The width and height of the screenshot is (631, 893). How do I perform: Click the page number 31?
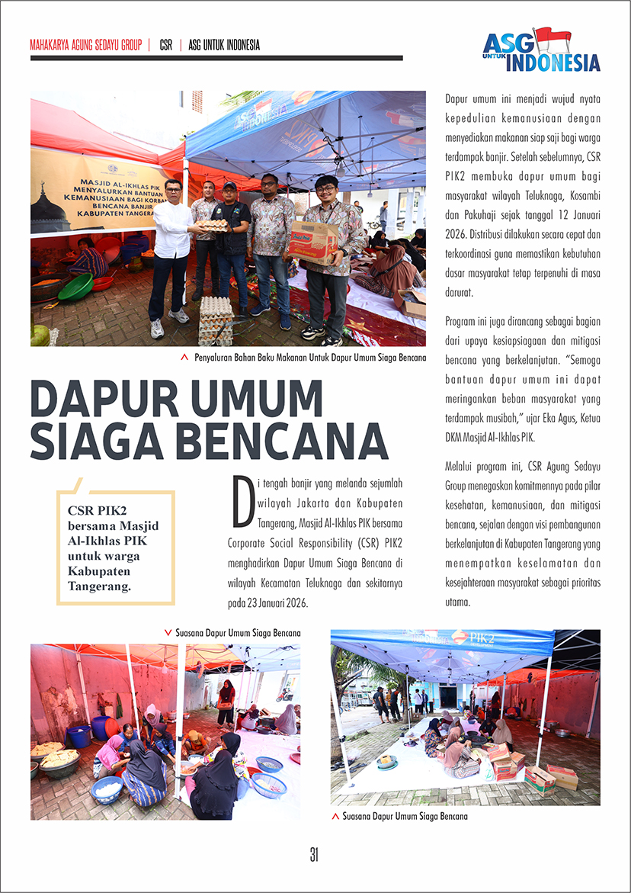pyautogui.click(x=314, y=855)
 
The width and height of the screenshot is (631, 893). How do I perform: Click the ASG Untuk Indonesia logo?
pyautogui.click(x=541, y=50)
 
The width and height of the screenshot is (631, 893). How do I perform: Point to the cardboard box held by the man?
pyautogui.click(x=313, y=241)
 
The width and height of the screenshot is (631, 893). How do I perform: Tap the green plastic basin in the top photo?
pyautogui.click(x=75, y=287)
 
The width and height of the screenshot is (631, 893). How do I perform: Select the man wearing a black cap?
pyautogui.click(x=232, y=244)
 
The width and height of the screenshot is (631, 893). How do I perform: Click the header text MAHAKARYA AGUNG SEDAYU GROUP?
pyautogui.click(x=86, y=45)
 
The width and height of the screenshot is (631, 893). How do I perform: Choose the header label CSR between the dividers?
pyautogui.click(x=165, y=45)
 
